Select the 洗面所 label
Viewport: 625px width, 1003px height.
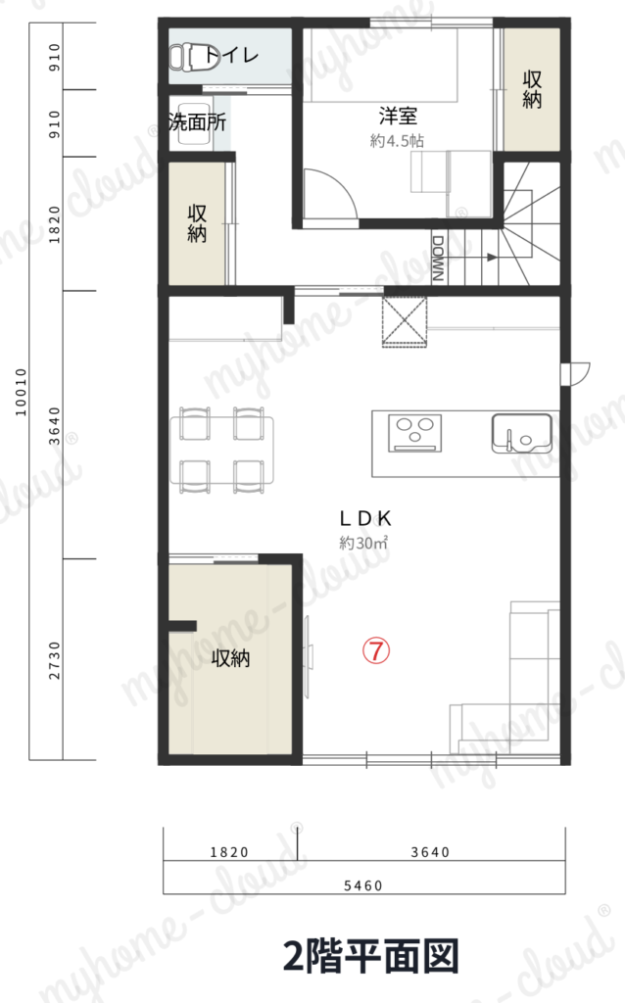click(x=197, y=120)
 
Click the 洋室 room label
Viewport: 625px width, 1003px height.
click(x=398, y=116)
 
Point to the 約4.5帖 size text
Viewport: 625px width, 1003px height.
click(x=397, y=141)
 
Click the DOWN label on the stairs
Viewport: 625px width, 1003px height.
click(x=438, y=259)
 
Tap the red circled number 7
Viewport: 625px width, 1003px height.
click(x=376, y=650)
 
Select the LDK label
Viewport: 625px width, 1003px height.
click(x=365, y=518)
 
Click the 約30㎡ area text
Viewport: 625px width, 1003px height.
click(x=364, y=543)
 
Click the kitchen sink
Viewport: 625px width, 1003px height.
click(x=521, y=434)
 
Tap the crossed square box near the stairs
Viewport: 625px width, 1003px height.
click(x=405, y=321)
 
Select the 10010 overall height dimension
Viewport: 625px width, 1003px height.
click(x=22, y=392)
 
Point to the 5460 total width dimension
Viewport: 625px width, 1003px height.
click(x=363, y=885)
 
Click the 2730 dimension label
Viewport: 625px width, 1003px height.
click(x=55, y=661)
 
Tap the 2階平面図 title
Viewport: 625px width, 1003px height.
click(x=371, y=957)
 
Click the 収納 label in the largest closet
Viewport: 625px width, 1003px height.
click(x=230, y=657)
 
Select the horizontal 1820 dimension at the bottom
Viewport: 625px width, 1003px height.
click(x=229, y=852)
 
